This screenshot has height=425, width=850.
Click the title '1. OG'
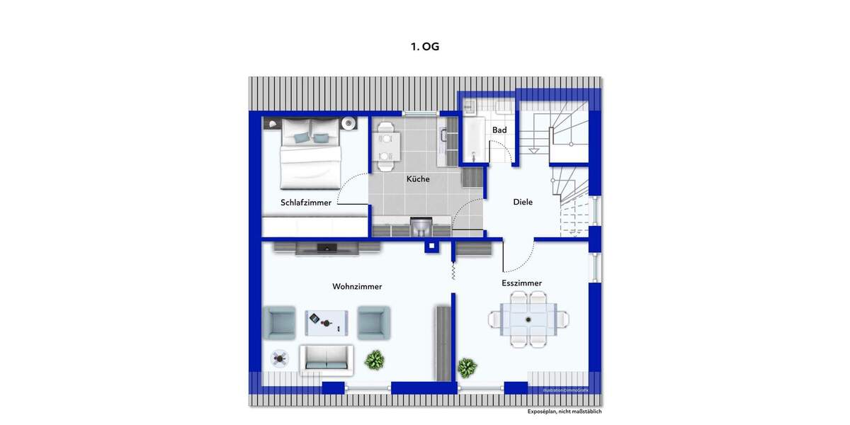click(x=425, y=47)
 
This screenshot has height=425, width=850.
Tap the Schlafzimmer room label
click(x=305, y=203)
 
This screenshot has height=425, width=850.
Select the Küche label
click(x=418, y=179)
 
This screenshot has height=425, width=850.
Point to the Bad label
click(x=499, y=130)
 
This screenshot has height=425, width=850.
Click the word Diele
click(x=523, y=203)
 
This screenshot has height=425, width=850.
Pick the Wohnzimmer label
click(x=357, y=287)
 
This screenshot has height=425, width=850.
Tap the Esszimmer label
click(x=521, y=283)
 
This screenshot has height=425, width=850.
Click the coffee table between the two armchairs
click(x=327, y=323)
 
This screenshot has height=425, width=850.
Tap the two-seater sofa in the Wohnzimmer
click(x=326, y=359)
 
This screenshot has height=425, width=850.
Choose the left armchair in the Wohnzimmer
click(x=279, y=322)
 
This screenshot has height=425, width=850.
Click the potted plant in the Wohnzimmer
click(x=375, y=361)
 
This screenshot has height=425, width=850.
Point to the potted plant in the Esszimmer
click(x=467, y=368)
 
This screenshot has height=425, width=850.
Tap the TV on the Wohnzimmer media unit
click(x=327, y=247)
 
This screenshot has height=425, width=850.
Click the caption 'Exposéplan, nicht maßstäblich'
click(x=565, y=412)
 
